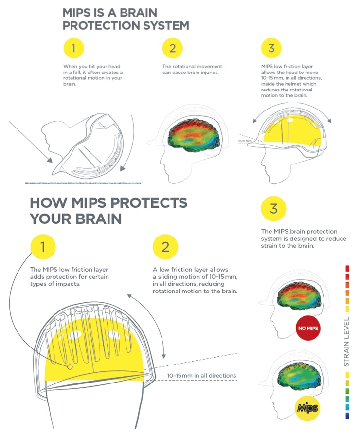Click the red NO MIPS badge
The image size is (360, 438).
tap(308, 328)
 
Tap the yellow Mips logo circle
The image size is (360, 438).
tap(307, 408)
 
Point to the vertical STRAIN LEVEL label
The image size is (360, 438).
tap(346, 342)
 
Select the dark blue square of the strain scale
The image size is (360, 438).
tap(347, 416)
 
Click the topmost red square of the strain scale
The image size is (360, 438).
tap(347, 269)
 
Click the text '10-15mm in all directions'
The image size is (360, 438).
tap(201, 375)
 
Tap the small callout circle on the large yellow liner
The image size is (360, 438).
tap(70, 367)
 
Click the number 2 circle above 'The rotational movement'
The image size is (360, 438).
tap(172, 48)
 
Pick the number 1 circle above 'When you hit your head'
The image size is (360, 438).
tap(74, 48)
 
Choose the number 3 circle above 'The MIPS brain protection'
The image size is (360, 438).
tap(274, 208)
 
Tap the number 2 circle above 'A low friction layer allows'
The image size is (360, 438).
tap(165, 247)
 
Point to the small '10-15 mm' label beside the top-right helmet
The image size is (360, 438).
tap(245, 141)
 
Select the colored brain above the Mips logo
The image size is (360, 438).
tap(299, 376)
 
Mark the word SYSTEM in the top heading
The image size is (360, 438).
tap(166, 25)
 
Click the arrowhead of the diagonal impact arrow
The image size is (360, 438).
tap(50, 160)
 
